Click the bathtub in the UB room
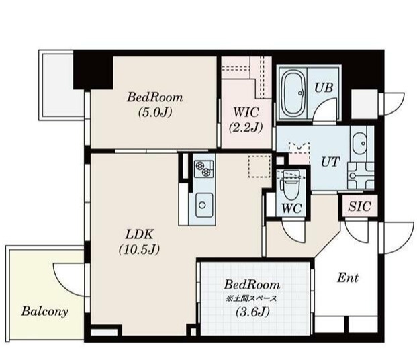pos(293,93)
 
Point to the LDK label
pos(141,235)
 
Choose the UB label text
pos(325,89)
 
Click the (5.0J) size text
pos(154,112)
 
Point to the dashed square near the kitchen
pos(259,166)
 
